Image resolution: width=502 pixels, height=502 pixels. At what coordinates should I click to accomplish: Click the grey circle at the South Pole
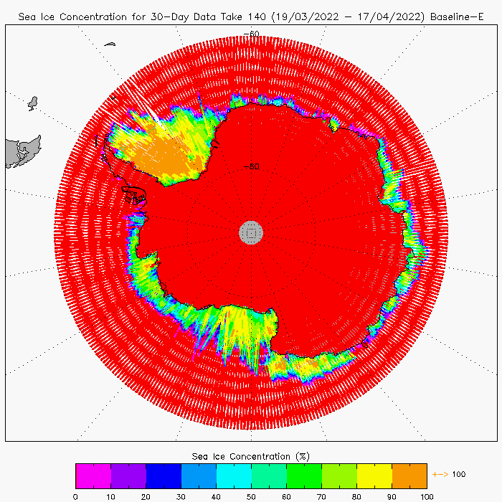[x=251, y=232]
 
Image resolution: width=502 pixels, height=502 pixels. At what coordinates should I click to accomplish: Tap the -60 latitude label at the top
[x=251, y=34]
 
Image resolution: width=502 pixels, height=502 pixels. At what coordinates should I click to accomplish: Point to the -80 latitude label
[x=251, y=166]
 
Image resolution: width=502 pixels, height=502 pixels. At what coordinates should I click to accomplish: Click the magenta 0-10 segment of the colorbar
[x=93, y=475]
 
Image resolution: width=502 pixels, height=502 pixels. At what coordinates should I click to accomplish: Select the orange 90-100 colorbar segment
[x=409, y=475]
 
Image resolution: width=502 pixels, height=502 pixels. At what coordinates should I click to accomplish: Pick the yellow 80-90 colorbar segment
[x=374, y=475]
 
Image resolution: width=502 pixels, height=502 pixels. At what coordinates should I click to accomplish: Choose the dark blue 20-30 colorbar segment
[x=163, y=475]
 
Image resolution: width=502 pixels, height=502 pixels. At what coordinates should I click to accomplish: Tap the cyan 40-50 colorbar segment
[x=233, y=475]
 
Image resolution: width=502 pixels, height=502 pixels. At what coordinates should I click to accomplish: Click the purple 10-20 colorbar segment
[x=128, y=475]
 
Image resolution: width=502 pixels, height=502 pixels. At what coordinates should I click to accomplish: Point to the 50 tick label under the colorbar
[x=251, y=496]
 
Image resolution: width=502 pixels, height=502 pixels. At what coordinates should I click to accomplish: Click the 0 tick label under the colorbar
[x=75, y=496]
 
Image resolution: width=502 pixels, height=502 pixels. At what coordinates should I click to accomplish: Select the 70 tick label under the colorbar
[x=321, y=496]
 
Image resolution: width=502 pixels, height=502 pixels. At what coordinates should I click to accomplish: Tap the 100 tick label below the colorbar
[x=426, y=496]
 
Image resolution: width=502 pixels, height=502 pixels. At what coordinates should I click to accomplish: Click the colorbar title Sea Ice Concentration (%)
[x=251, y=456]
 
